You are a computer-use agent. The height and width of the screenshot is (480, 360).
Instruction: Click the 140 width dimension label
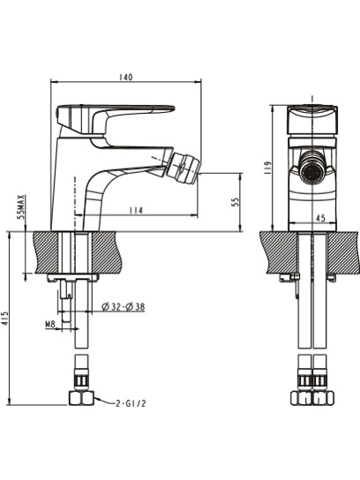[x=126, y=77]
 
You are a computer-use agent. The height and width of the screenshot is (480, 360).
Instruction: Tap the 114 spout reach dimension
[x=136, y=211]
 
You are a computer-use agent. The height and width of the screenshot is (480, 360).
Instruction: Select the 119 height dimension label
[x=267, y=168]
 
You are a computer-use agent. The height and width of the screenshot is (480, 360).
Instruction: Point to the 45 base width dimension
[x=320, y=218]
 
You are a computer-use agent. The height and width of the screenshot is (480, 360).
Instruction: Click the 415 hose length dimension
[x=5, y=319]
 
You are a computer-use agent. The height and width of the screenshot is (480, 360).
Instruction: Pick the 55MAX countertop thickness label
[x=21, y=206]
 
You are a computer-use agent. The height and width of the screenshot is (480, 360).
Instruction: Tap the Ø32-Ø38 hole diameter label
[x=124, y=306]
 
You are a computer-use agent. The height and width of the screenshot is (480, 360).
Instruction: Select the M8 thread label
[x=50, y=324]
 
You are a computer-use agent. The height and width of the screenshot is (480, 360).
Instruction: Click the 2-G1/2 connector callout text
[x=131, y=403]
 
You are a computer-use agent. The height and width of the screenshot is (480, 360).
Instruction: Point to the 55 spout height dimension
[x=236, y=202]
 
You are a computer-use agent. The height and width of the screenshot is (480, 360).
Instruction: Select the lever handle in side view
[x=116, y=120]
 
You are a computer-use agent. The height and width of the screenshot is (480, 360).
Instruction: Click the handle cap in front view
[x=312, y=119]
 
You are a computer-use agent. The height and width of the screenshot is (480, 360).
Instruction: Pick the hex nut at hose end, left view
[x=81, y=398]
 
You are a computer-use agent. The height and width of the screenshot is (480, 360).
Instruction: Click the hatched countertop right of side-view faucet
[x=106, y=252]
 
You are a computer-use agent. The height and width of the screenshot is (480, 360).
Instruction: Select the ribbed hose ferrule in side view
[x=81, y=380]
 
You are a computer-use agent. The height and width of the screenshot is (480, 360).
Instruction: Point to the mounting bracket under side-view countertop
[x=73, y=277]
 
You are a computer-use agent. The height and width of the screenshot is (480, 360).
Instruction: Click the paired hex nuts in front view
[x=312, y=398]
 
